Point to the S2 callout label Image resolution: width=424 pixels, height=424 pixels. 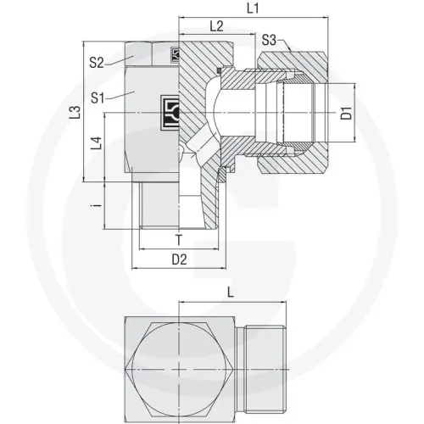[97, 62]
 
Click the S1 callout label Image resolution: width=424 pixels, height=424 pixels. [97, 99]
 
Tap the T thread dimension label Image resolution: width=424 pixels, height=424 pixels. [179, 240]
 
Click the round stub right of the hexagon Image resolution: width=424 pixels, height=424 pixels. [264, 371]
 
